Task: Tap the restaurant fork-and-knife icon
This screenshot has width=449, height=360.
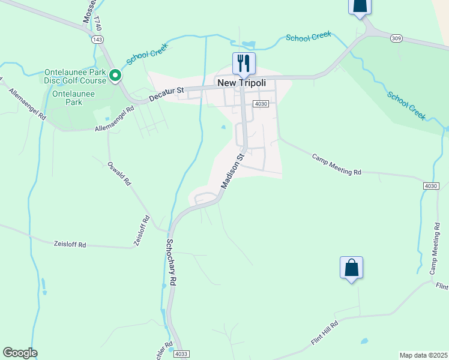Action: point(244,62)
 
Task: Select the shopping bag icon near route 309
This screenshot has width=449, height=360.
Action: point(359,6)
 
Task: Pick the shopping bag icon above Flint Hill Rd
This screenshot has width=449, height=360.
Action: point(351,268)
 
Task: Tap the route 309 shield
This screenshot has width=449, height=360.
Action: point(396,38)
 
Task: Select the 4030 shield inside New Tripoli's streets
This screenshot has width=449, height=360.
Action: point(260,104)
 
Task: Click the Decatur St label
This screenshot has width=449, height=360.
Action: point(166,94)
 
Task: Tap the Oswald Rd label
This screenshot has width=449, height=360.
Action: point(119,173)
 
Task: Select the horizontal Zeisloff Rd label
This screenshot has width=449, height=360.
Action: point(70,244)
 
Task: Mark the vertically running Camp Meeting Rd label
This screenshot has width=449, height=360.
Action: point(435,248)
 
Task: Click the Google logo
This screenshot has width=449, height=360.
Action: point(20,353)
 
